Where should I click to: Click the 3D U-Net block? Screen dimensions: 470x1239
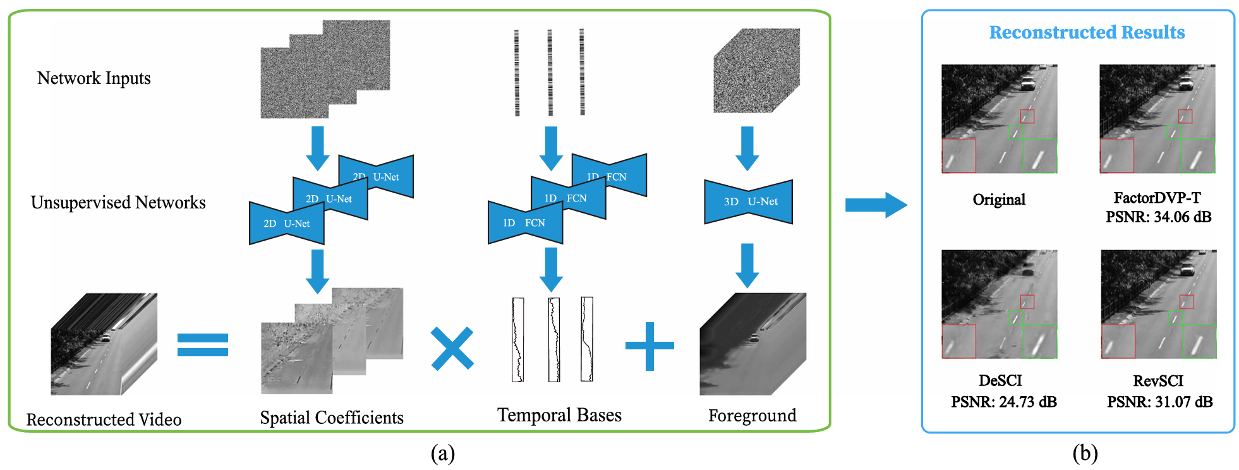pos(748,202)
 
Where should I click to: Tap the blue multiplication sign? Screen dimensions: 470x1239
pos(452,348)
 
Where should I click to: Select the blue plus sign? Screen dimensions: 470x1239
pos(650,346)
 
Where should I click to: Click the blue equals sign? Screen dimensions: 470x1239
pos(202,345)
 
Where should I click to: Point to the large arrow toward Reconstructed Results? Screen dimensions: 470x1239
pos(876,205)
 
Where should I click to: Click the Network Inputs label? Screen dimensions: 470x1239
pos(94,78)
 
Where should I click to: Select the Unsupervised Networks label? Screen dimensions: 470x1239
pos(118,203)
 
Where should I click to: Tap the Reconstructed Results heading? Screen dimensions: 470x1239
pos(1087,32)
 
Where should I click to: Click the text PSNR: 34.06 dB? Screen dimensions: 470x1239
pos(1158,217)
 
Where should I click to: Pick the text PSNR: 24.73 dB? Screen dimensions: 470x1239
pos(1003,402)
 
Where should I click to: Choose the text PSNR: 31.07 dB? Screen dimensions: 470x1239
pos(1159,402)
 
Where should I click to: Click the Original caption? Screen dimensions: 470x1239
pos(999,200)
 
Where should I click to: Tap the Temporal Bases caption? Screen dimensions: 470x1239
pos(559,415)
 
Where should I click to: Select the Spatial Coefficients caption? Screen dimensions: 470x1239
pos(332,418)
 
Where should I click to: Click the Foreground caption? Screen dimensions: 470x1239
pos(752,416)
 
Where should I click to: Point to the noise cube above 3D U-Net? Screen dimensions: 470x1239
pos(756,71)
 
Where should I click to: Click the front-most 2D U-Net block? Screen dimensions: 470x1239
pos(287,224)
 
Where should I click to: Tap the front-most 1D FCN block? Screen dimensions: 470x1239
pos(525,223)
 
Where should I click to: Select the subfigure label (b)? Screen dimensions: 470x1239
pos(1084,454)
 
